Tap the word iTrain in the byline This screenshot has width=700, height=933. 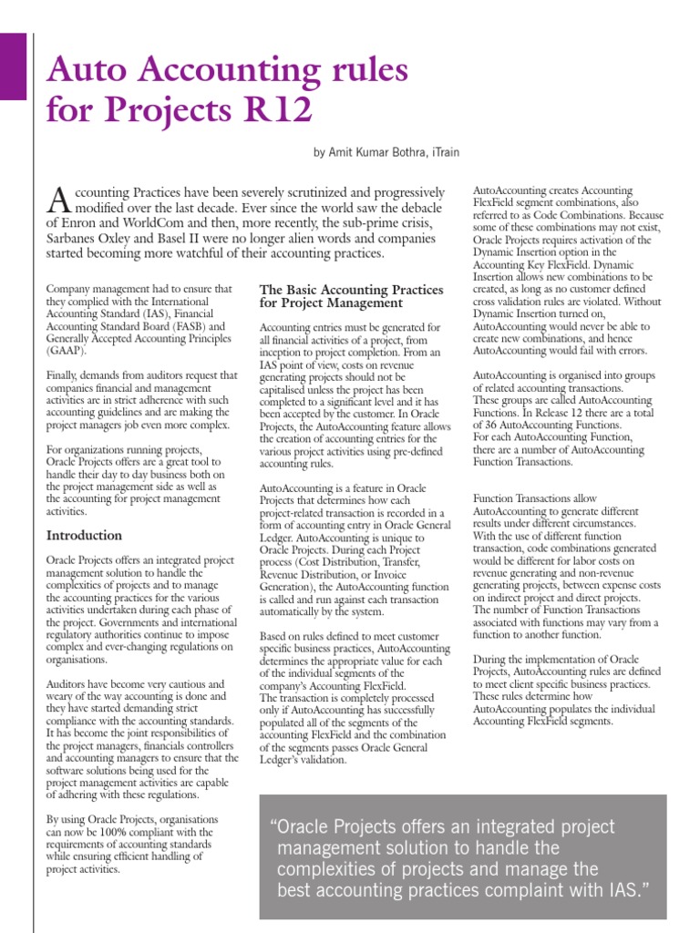448,153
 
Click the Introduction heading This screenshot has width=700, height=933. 84,535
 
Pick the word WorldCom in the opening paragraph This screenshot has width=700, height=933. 160,222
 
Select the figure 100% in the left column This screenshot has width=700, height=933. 123,832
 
